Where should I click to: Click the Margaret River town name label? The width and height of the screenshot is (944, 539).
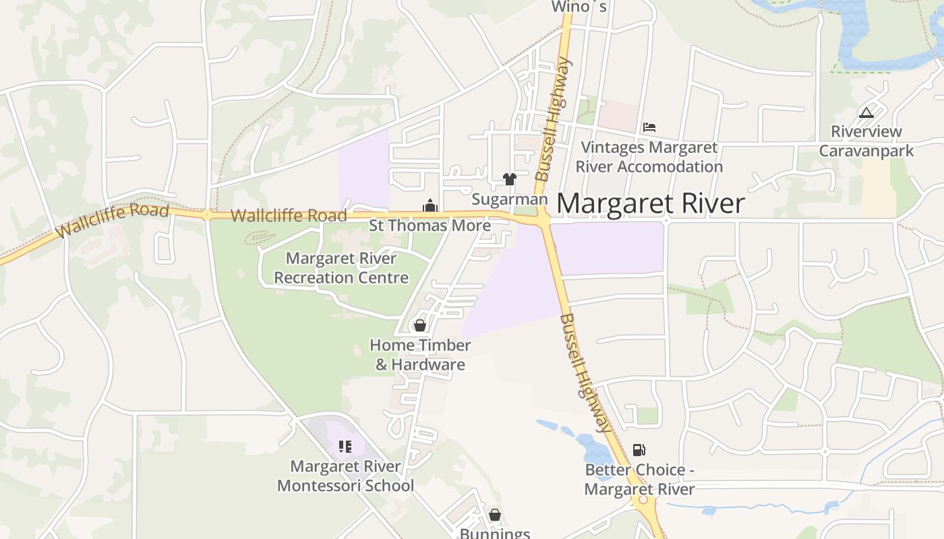651,203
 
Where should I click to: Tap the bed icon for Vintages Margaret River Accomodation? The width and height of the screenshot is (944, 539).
649,126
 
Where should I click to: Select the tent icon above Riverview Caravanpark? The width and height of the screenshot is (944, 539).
866,112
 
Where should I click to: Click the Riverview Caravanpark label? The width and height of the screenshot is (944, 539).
866,141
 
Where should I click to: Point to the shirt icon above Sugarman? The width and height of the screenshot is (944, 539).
509,179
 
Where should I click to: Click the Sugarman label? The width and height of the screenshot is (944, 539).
509,199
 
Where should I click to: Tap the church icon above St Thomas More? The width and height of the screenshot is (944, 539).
430,205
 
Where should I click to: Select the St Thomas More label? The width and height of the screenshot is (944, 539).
430,225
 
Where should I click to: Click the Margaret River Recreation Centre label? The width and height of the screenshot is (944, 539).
341,267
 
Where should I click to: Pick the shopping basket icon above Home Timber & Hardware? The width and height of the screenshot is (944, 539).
420,325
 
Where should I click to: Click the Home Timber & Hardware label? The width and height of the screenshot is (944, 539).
420,355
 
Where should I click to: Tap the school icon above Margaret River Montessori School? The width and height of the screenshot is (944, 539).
345,446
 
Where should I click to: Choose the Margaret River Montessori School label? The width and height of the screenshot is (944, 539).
345,476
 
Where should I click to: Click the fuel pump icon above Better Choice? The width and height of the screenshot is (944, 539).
639,449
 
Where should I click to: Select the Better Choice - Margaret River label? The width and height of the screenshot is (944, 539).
639,479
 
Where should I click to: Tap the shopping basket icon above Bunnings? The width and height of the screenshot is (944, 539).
495,515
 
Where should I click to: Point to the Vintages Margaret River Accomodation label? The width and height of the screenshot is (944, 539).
649,156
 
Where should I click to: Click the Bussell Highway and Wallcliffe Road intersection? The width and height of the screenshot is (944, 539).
543,220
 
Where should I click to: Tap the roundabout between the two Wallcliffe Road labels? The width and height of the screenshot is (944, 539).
206,215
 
